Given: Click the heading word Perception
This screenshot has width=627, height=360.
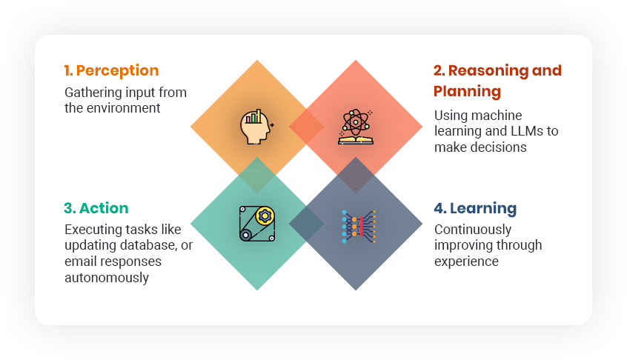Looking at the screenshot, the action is coord(118,70).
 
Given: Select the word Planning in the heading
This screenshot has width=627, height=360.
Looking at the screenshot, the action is coord(467,92).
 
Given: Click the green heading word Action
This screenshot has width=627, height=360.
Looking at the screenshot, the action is coord(104,208).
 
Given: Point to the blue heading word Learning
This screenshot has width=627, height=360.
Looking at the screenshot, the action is coord(483,209).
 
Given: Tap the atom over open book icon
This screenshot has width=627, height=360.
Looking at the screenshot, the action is coord(356,127).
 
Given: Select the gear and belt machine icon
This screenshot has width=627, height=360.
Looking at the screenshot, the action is coord(257,224).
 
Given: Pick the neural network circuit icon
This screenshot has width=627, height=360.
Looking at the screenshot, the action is coord(359,227).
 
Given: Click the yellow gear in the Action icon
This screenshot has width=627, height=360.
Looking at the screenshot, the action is coord(265,216).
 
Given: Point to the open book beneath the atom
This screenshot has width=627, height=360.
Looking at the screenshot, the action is coord(356,140).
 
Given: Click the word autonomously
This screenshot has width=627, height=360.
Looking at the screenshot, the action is coord(107,278).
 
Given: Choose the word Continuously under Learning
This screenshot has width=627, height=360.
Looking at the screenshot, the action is coord(473,230).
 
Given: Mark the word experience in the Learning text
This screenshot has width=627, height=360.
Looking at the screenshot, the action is coord(466,261).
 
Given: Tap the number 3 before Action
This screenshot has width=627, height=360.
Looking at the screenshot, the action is coord(70,208).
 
